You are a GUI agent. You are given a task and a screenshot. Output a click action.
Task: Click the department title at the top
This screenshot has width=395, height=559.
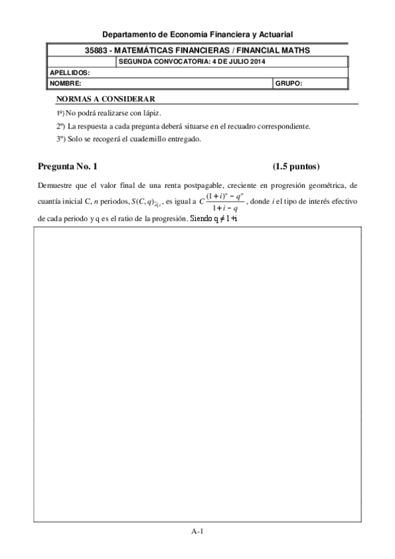pyautogui.click(x=197, y=34)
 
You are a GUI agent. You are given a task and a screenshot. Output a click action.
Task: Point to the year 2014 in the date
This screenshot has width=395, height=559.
pyautogui.click(x=257, y=62)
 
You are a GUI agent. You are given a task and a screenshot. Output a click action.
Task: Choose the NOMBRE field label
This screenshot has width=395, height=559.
pyautogui.click(x=65, y=84)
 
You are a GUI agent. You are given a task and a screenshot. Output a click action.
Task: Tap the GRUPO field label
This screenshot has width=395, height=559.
pyautogui.click(x=289, y=84)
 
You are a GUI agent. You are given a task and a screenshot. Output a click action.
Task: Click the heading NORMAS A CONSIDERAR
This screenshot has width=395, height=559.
pyautogui.click(x=101, y=99)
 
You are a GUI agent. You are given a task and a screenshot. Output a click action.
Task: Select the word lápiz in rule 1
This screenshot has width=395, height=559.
pyautogui.click(x=152, y=113)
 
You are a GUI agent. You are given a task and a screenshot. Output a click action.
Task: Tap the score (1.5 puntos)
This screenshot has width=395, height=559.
pyautogui.click(x=295, y=166)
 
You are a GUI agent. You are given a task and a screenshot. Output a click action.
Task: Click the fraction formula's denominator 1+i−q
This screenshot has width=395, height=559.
pyautogui.click(x=221, y=209)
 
